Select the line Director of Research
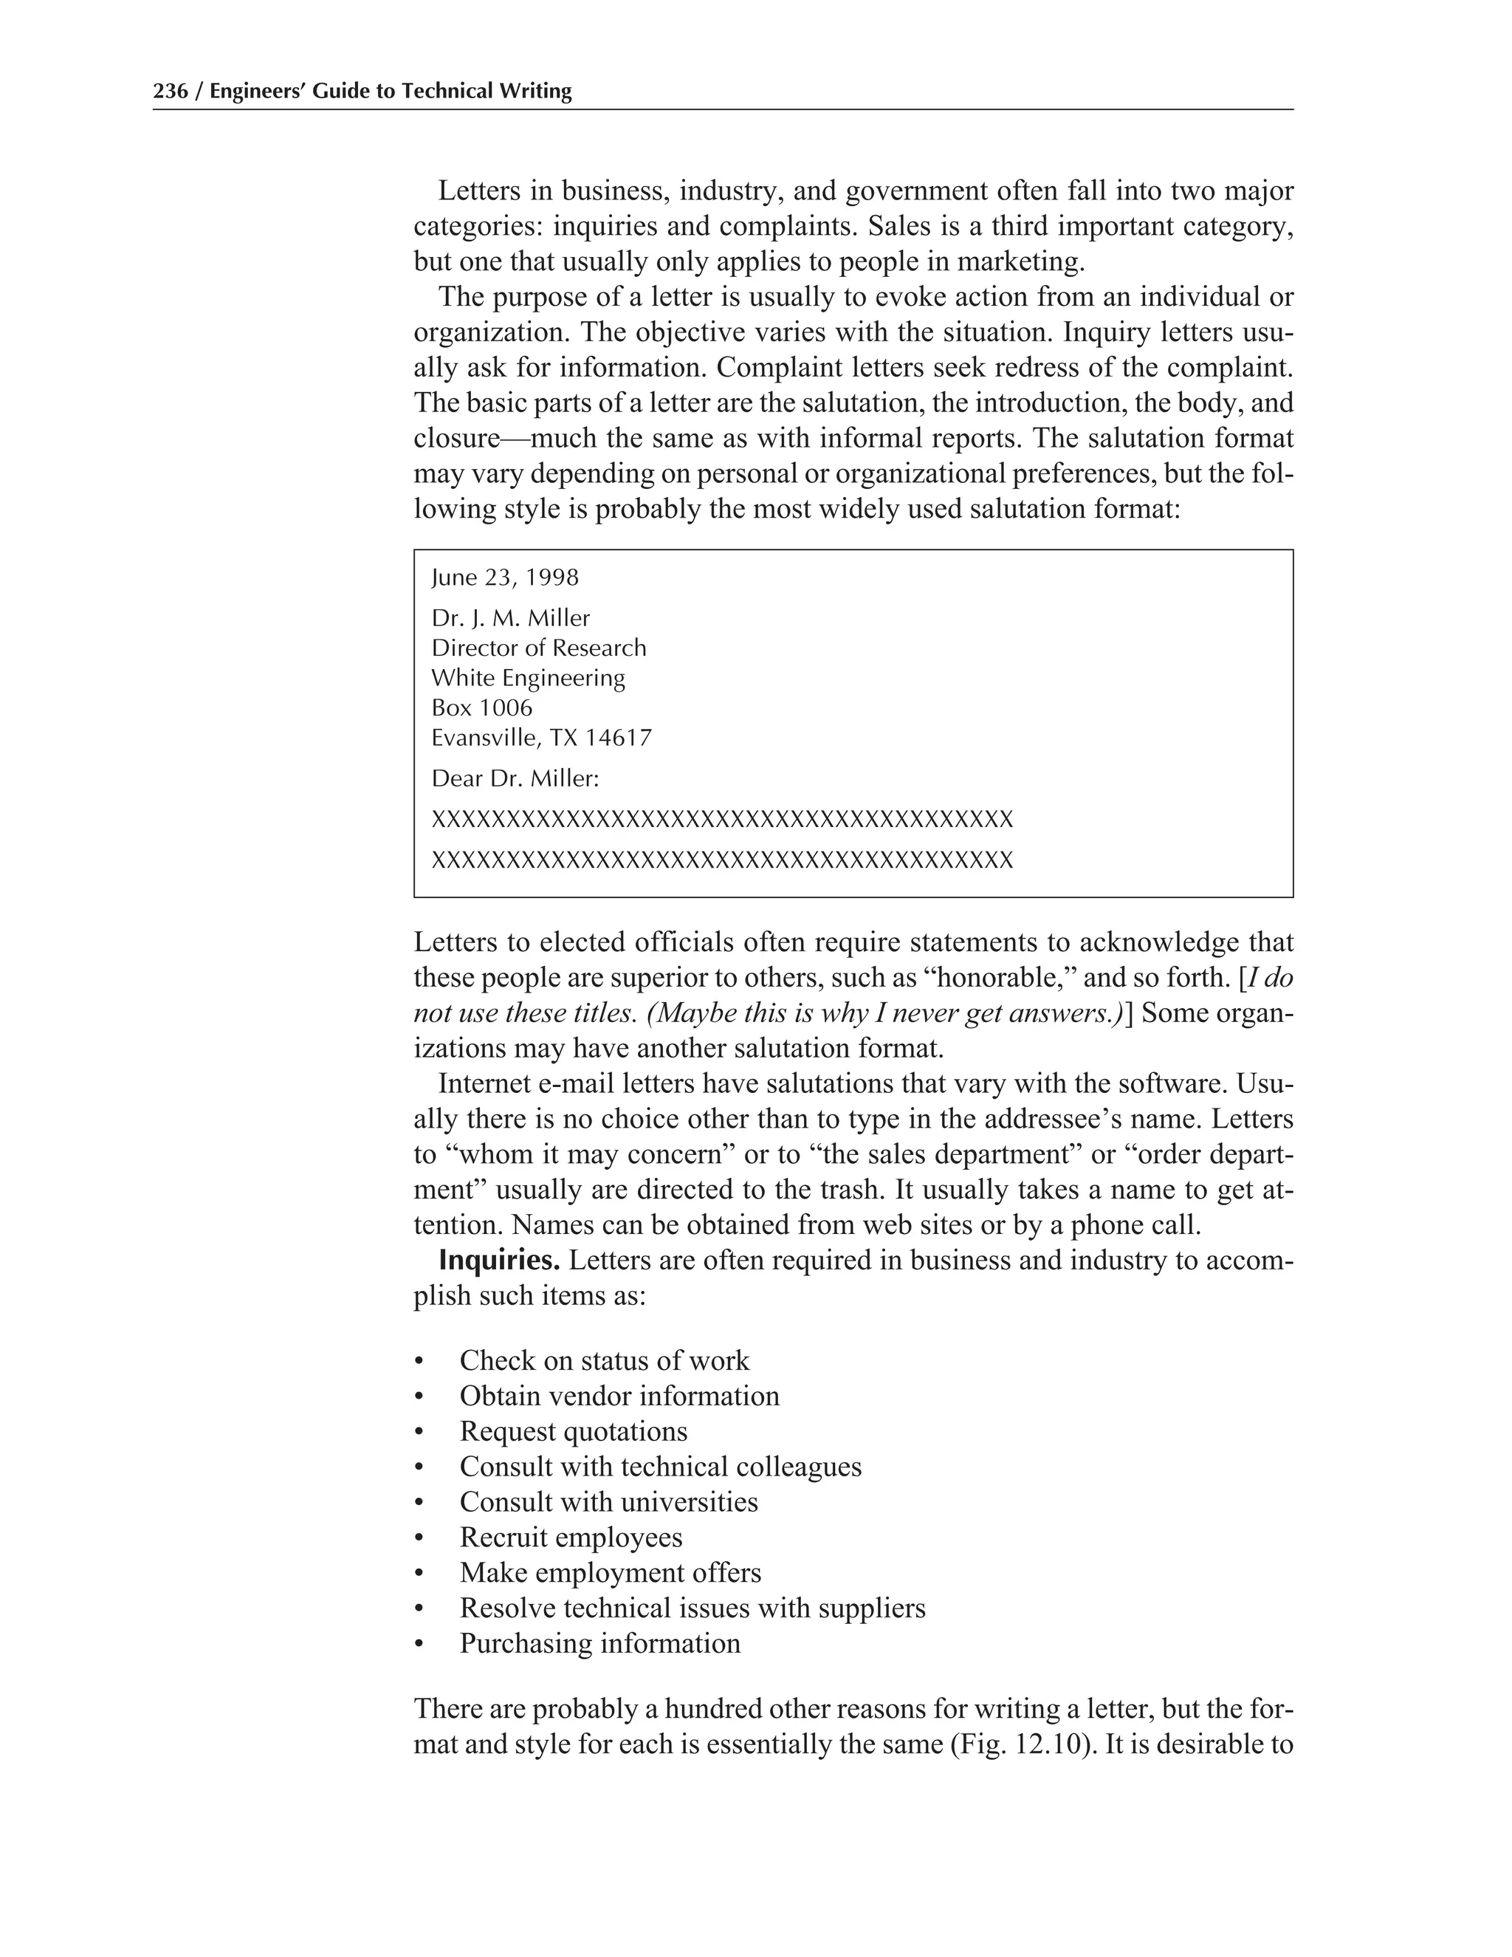coord(538,648)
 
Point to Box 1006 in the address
coord(481,708)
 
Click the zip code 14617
coord(618,738)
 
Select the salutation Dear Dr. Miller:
coord(515,778)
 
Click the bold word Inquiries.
coord(499,1261)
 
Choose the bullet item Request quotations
coord(573,1431)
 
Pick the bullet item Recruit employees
coord(571,1537)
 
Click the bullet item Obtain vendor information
coord(619,1396)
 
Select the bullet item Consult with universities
coord(608,1502)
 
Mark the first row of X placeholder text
coord(722,820)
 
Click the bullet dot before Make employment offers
coord(419,1574)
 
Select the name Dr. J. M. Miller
coord(511,618)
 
